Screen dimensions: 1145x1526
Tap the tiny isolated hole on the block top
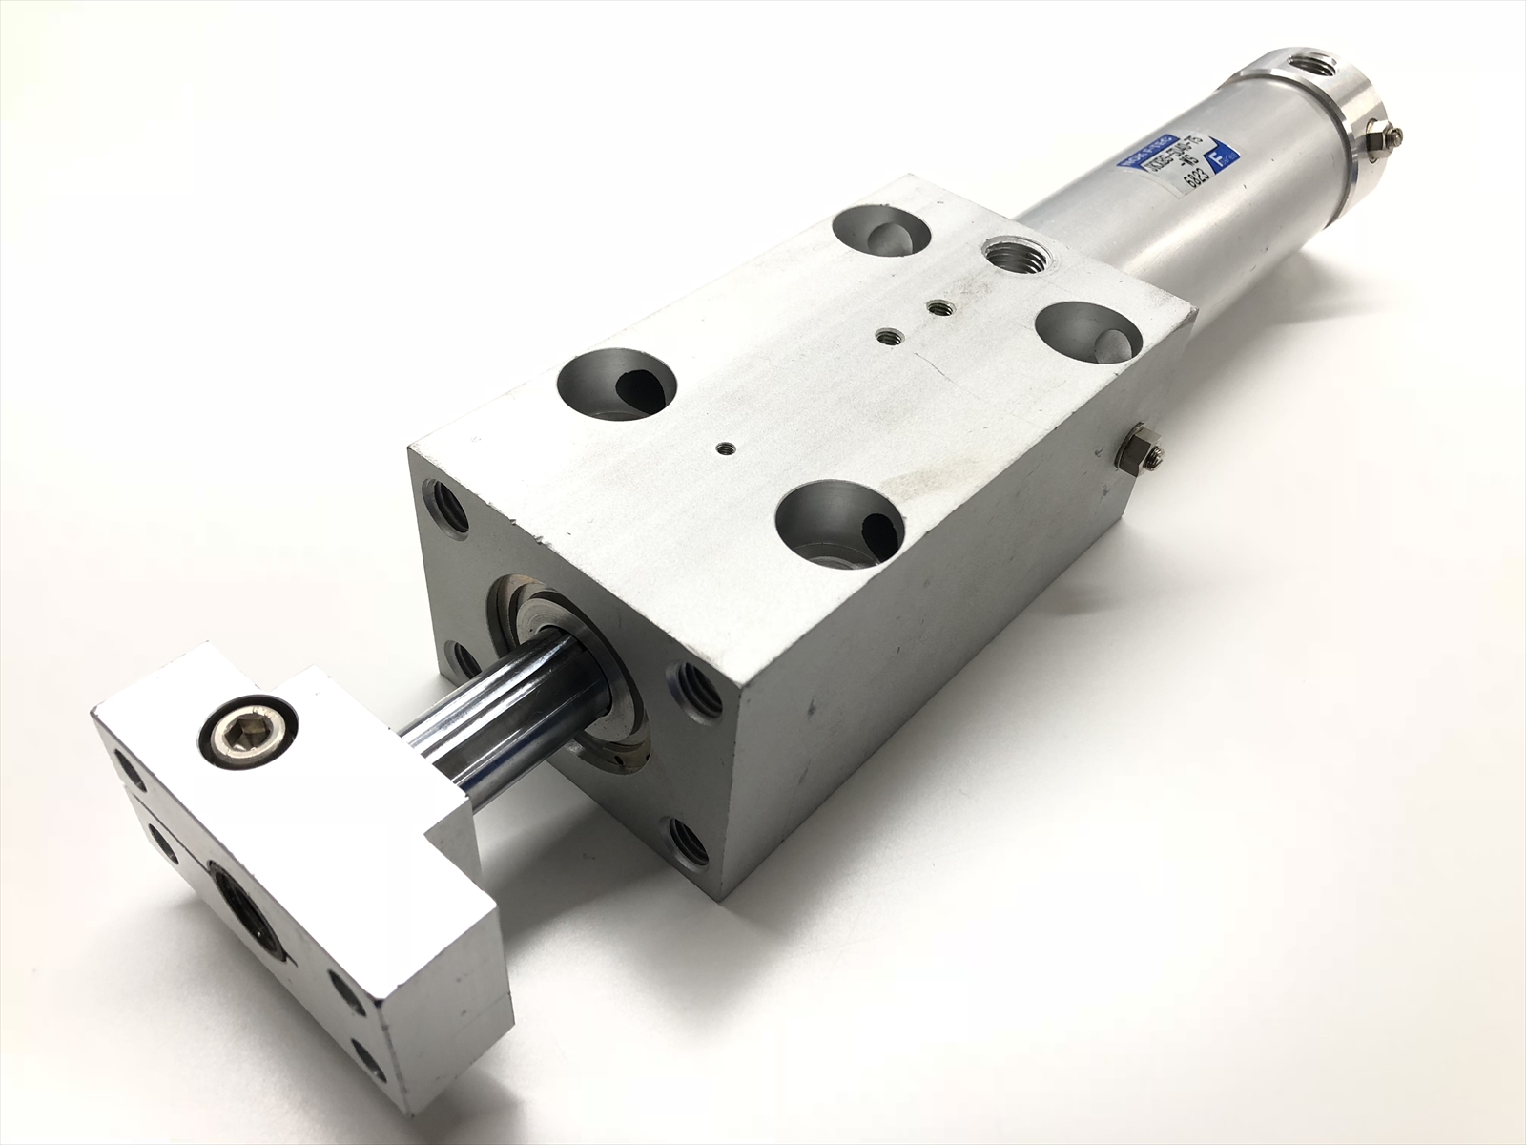click(726, 446)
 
